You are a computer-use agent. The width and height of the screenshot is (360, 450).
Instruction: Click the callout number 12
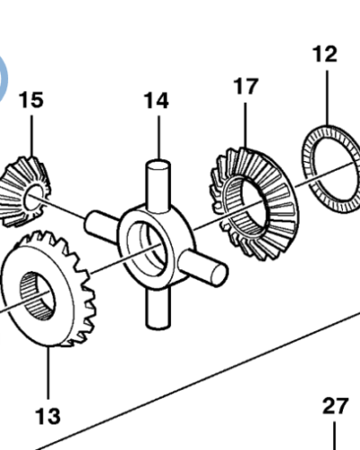click(x=325, y=54)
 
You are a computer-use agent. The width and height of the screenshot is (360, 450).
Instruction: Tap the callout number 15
click(x=31, y=99)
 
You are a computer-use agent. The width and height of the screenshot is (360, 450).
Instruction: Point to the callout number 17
click(x=246, y=86)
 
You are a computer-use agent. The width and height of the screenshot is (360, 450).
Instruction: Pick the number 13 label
click(x=48, y=415)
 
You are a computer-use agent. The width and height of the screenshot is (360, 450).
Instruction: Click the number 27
click(x=335, y=406)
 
